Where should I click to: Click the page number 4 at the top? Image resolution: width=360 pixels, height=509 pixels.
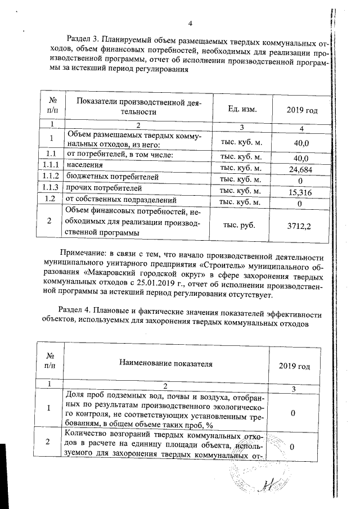(x=190, y=23)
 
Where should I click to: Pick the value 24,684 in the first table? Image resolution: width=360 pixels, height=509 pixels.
(x=300, y=169)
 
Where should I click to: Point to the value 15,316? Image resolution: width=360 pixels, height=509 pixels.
(x=300, y=192)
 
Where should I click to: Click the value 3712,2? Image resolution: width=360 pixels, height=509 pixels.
(x=300, y=226)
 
